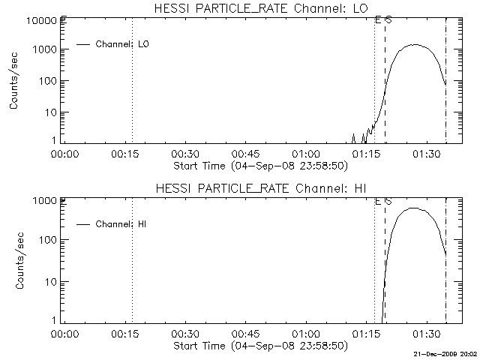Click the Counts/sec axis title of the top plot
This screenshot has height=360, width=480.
(15, 81)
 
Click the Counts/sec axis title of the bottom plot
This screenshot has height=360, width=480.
(15, 260)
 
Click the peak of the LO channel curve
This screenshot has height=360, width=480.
(416, 45)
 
